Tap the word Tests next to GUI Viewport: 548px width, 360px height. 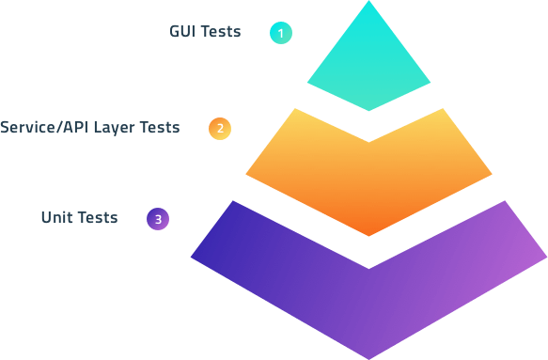[222, 32]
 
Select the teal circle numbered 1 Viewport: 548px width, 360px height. [280, 33]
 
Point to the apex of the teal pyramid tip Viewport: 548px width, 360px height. [368, 4]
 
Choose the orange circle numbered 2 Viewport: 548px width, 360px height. [219, 129]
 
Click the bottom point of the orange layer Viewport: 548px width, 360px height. [368, 235]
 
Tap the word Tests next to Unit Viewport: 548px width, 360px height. [98, 218]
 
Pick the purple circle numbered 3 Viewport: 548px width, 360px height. [158, 220]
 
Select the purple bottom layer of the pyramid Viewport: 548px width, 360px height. [368, 301]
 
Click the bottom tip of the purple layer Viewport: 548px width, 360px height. [368, 357]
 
